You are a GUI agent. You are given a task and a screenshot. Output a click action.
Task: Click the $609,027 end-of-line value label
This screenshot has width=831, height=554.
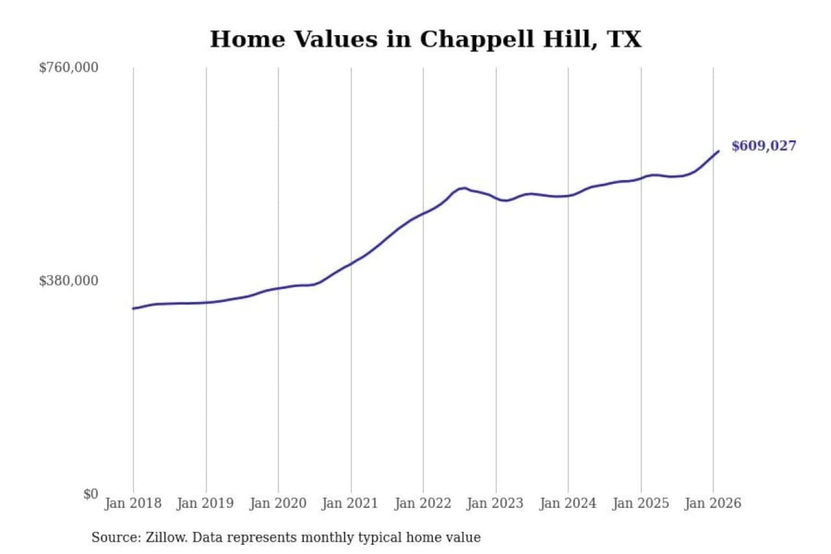point(763,146)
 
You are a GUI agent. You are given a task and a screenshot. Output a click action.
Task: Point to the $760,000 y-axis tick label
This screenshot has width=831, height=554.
point(69,68)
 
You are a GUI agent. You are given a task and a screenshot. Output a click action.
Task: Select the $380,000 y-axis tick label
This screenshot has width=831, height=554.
point(69,281)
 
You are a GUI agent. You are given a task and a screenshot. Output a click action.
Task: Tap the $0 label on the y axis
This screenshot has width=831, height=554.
point(91,494)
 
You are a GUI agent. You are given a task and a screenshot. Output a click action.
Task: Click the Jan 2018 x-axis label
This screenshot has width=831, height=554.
point(133,503)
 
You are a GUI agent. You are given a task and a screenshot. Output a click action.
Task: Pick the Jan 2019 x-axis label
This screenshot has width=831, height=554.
point(205,503)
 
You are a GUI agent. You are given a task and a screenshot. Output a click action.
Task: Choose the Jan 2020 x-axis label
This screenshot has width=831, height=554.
point(278,503)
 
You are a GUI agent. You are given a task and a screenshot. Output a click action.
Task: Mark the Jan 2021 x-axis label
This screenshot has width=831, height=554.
point(350,503)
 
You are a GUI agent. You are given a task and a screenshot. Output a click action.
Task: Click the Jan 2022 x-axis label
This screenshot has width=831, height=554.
point(422,503)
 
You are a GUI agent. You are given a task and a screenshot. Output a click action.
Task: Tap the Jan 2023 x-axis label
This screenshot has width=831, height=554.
point(495,503)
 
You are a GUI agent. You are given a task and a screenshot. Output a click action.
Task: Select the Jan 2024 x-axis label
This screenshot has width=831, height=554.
point(567,503)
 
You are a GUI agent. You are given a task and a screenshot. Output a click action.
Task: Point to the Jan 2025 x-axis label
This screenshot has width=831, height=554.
point(640,503)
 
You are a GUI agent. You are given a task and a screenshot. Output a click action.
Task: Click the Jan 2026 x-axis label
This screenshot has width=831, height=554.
point(713,503)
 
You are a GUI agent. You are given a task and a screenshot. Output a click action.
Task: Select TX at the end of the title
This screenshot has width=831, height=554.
point(624,40)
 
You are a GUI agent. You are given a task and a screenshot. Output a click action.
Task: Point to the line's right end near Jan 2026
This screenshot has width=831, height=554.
point(718,151)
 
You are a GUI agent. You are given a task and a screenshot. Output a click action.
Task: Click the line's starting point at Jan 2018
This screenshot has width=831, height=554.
point(133,308)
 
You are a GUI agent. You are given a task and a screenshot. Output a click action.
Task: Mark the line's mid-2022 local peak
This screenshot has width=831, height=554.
point(462,188)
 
